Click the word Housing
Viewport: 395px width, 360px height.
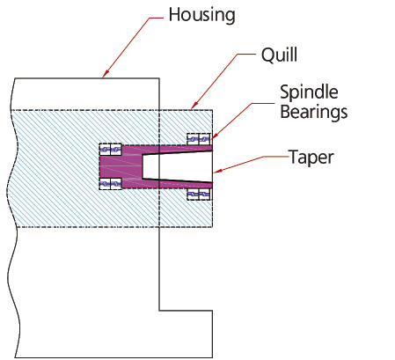click(201, 15)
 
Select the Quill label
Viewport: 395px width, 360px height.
click(279, 55)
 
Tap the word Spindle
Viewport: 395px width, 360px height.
click(309, 93)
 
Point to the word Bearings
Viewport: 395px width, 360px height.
click(314, 113)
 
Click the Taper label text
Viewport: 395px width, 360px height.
click(311, 158)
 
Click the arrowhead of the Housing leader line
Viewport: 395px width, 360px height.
click(105, 74)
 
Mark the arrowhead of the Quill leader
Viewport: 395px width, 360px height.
click(194, 106)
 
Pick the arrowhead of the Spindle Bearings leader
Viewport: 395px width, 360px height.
click(214, 136)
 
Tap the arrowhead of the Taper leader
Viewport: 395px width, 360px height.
click(217, 172)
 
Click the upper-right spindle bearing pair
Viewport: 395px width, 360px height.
click(199, 139)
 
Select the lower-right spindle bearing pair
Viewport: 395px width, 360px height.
click(199, 195)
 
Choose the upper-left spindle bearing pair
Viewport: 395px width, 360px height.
click(110, 150)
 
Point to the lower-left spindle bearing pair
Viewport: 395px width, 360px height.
click(110, 184)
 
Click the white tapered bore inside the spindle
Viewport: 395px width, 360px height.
click(177, 166)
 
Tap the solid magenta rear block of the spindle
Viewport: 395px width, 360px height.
click(121, 166)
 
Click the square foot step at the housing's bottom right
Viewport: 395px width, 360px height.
click(186, 334)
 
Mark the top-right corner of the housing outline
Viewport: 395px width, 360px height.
click(159, 78)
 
